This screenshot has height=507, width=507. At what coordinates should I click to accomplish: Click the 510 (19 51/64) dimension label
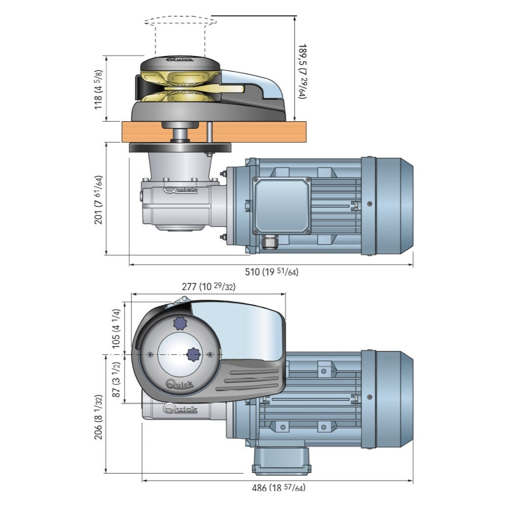(272, 272)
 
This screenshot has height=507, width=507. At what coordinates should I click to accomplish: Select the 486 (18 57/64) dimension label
(278, 488)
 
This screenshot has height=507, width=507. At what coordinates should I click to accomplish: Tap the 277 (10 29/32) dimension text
(208, 287)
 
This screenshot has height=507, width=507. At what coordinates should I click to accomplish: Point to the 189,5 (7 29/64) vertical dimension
(302, 70)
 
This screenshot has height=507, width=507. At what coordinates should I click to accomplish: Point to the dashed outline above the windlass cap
(180, 22)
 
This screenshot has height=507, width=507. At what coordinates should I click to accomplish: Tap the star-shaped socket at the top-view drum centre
(193, 354)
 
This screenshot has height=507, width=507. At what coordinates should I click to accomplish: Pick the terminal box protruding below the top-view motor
(282, 459)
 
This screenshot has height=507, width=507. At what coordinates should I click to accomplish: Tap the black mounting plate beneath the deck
(180, 148)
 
